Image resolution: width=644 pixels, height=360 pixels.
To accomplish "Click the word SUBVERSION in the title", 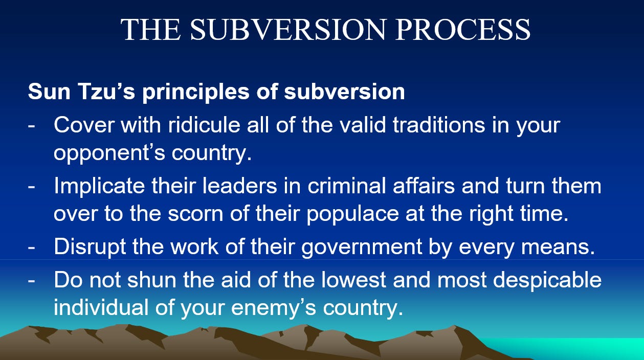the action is [x=287, y=29].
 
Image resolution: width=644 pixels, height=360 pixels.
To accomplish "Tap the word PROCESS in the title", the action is [x=463, y=29].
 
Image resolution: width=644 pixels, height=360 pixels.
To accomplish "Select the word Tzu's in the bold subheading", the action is [x=106, y=92].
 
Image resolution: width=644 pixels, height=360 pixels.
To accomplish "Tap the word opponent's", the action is [x=109, y=153].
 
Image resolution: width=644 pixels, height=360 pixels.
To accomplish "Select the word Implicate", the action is [x=99, y=187].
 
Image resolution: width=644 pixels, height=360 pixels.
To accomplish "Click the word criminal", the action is [x=346, y=186].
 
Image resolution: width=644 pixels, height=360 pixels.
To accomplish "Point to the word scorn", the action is [x=195, y=214].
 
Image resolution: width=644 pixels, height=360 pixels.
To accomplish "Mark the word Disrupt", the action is [x=90, y=247].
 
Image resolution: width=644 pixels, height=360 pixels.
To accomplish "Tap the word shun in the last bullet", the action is [x=152, y=280].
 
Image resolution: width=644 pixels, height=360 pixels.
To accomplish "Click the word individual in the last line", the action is [x=101, y=307].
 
